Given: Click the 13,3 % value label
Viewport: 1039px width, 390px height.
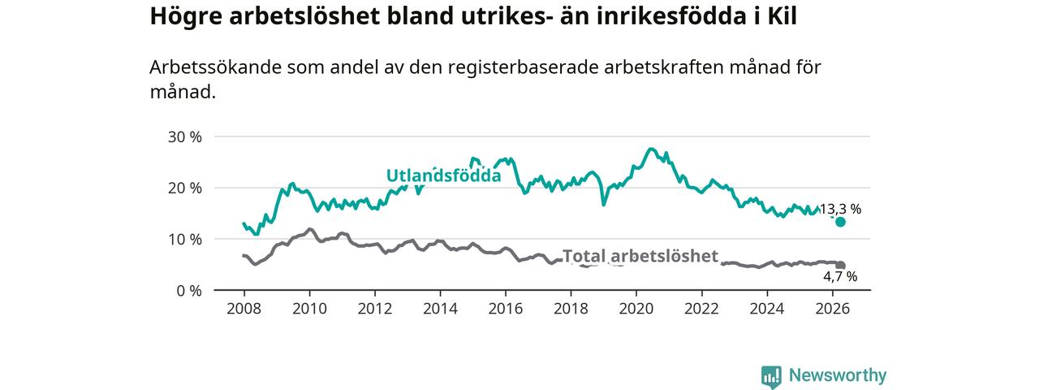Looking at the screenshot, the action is point(840,210).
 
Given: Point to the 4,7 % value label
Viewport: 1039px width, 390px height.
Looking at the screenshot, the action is point(840,277).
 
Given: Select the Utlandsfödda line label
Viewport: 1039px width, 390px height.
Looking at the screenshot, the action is point(444,175).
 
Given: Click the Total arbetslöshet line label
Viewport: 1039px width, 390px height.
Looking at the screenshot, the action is point(640,256).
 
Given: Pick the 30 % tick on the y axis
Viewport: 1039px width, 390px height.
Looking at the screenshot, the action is point(184,137).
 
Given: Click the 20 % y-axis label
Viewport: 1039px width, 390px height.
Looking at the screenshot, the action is point(184,188).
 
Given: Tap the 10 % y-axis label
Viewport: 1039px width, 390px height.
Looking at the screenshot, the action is point(184,240).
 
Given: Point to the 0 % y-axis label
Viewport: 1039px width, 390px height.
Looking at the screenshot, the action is point(189,291).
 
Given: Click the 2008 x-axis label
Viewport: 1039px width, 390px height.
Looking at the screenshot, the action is point(244,309).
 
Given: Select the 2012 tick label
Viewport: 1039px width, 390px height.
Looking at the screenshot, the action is point(375,309).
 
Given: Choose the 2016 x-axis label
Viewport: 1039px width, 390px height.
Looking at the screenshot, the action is point(506,309).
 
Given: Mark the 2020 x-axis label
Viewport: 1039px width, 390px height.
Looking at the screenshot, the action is point(636,309).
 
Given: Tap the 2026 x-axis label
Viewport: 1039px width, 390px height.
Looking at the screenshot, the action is point(833,309).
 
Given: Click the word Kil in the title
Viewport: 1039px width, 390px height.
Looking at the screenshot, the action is point(782,16).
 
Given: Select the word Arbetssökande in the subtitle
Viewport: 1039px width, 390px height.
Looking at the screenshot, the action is point(216,67).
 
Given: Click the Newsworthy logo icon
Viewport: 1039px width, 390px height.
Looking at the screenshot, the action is point(771,376).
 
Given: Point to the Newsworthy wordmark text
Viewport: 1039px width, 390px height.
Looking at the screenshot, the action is point(838,375).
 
